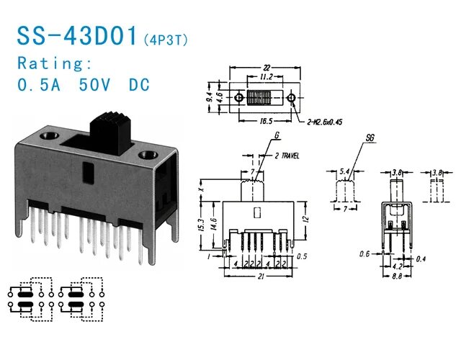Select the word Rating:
click(x=55, y=62)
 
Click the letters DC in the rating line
click(x=138, y=84)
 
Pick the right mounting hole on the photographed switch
click(x=148, y=153)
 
